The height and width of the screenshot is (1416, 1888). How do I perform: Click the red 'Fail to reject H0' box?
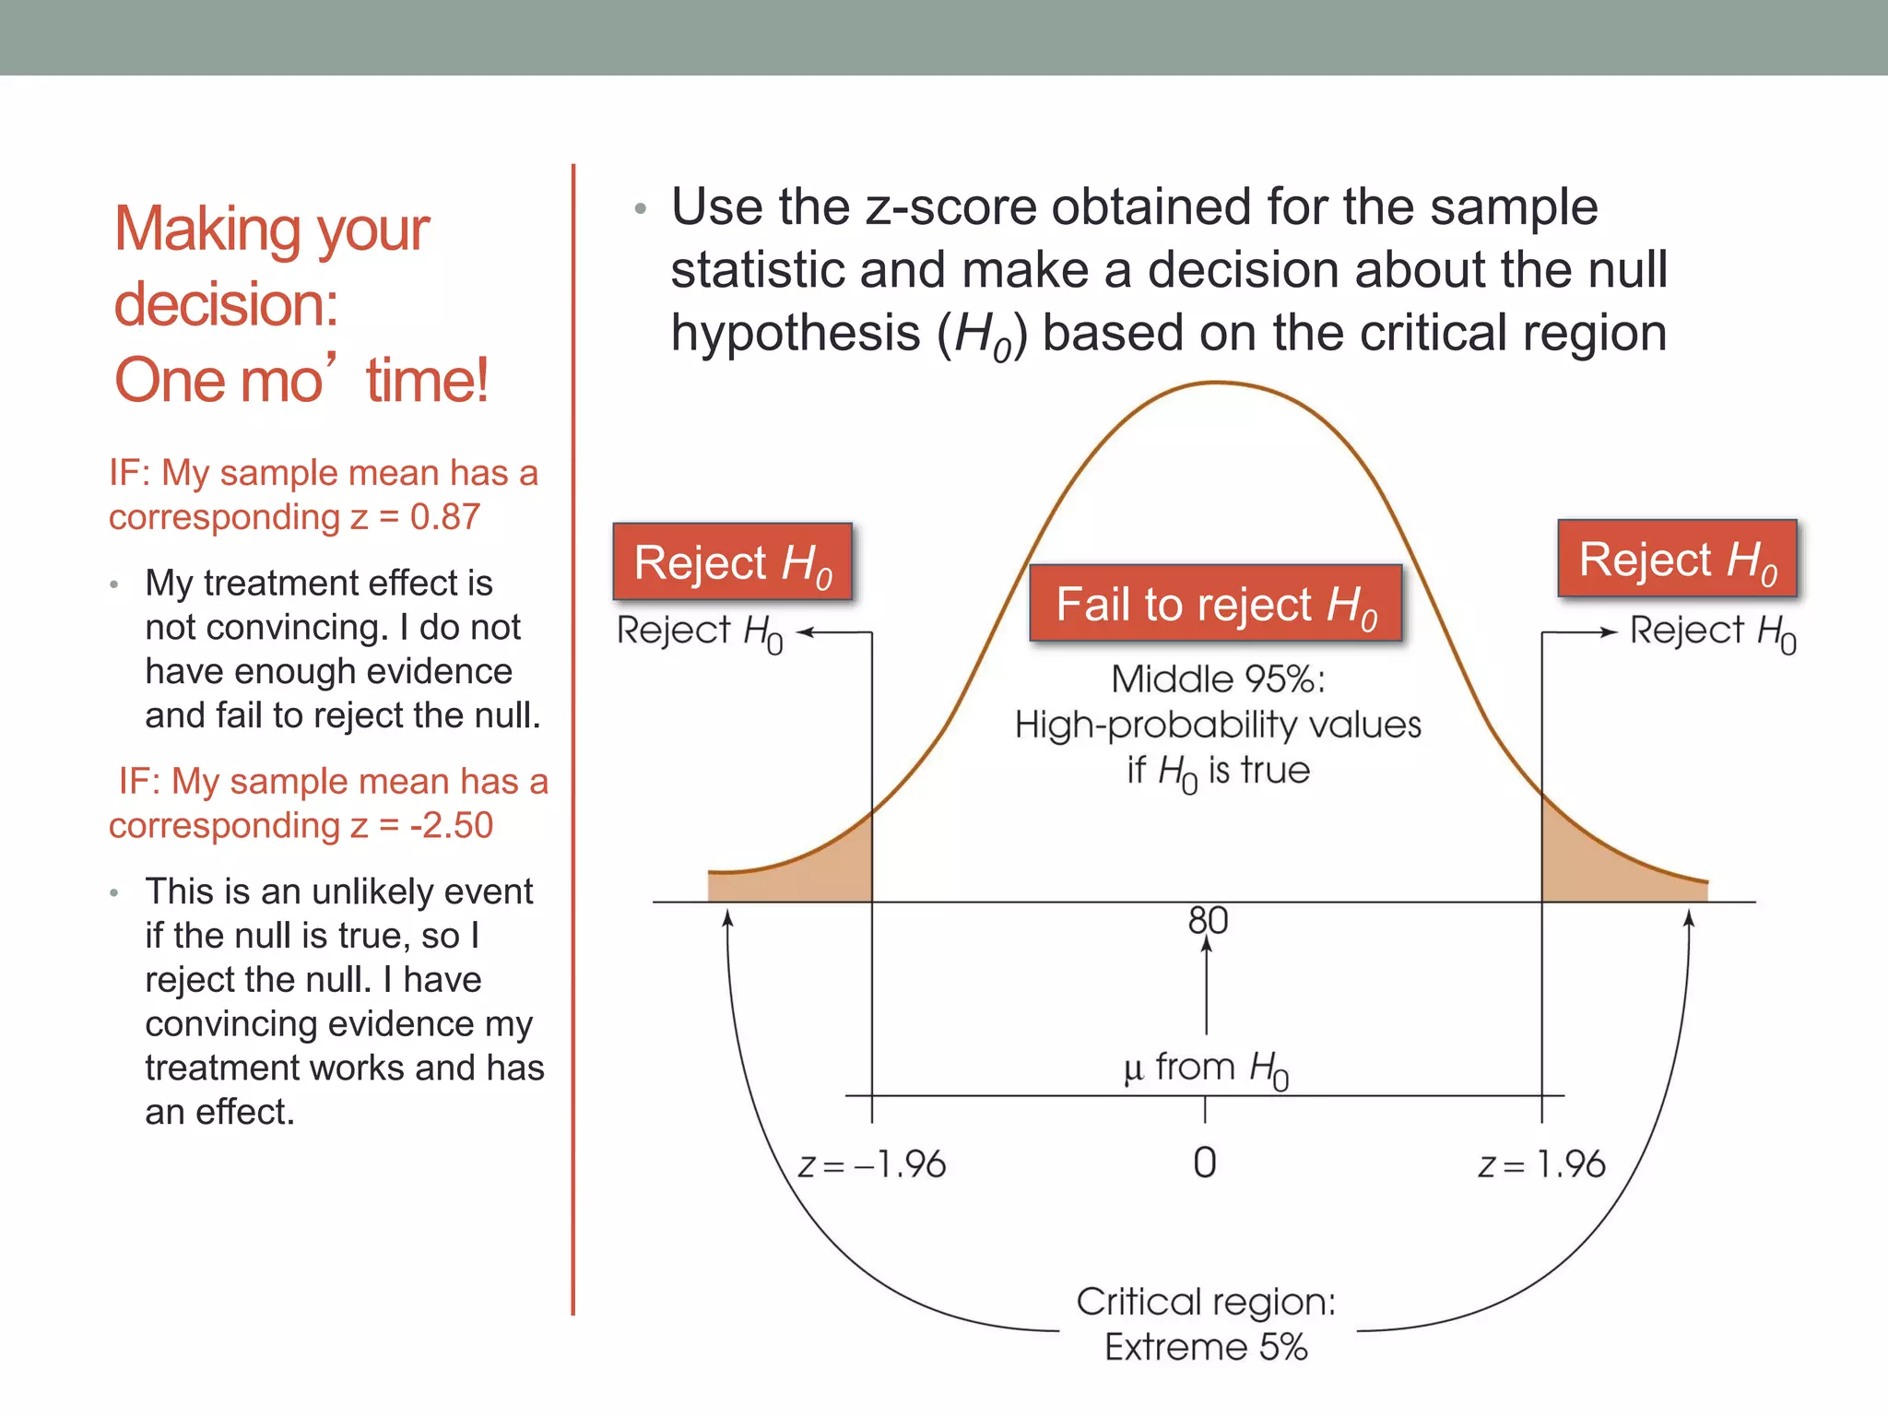(x=1215, y=604)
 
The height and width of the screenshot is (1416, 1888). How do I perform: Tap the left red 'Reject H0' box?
(x=732, y=562)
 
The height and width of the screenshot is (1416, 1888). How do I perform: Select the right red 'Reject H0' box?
(x=1677, y=559)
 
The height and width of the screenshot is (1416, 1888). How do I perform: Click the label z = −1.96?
(x=872, y=1165)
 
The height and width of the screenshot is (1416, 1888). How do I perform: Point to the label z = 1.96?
(x=1541, y=1165)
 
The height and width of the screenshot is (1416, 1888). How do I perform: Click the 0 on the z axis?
(x=1204, y=1163)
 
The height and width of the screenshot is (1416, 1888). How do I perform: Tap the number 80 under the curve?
(x=1208, y=920)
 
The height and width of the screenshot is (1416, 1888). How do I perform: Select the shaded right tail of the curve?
(x=1595, y=867)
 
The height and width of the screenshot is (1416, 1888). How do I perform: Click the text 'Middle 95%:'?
(x=1218, y=679)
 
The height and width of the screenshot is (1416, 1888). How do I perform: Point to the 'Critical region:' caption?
(x=1206, y=1302)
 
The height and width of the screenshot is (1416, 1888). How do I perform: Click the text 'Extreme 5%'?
(x=1206, y=1348)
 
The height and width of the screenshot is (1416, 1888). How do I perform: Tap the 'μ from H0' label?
(x=1206, y=1068)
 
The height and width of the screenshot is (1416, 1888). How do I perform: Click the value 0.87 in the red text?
(x=444, y=517)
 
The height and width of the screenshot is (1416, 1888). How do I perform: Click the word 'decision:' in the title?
(x=226, y=304)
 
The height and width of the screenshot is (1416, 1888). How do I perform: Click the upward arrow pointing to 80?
(x=1207, y=986)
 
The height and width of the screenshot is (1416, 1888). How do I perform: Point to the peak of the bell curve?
(x=1217, y=383)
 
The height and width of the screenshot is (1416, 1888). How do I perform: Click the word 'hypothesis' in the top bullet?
(x=795, y=333)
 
